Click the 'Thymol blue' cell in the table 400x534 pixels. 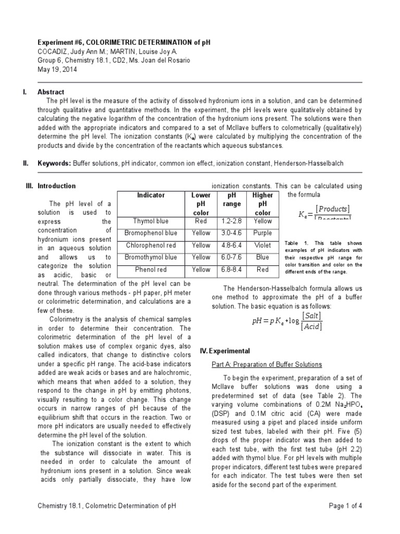tap(151, 221)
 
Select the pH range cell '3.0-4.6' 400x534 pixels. tap(232, 233)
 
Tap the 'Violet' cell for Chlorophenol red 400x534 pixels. tap(262, 245)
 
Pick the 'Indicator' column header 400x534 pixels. tap(151, 195)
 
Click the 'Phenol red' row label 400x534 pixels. tap(151, 270)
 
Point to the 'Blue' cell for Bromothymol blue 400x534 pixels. tap(262, 257)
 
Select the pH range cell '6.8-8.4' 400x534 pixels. tap(232, 270)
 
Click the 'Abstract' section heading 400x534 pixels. tap(51, 92)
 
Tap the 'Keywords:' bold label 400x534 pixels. tap(54, 163)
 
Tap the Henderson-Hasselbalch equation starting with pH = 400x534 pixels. tap(287, 321)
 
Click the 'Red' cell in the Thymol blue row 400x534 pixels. tap(201, 221)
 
